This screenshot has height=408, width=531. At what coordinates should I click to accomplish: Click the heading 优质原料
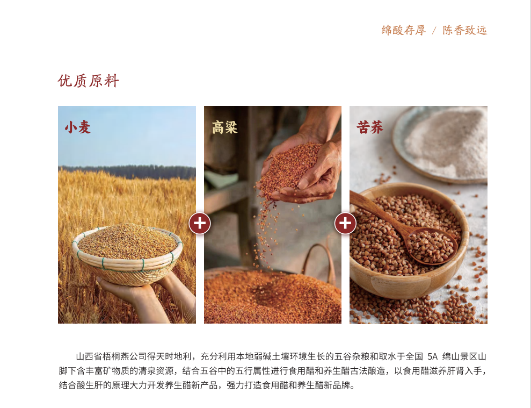(x=89, y=81)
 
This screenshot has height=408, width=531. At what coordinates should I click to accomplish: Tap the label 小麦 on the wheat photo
(x=77, y=127)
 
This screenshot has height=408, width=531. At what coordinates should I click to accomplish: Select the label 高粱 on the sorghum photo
(x=224, y=127)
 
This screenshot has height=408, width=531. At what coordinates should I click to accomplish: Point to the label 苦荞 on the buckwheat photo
(x=370, y=127)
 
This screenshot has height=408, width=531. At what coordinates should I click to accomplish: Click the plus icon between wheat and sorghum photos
(x=200, y=224)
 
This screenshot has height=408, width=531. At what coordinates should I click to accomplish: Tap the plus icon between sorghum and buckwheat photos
(x=345, y=224)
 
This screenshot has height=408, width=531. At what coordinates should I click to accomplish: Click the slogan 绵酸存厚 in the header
(x=404, y=30)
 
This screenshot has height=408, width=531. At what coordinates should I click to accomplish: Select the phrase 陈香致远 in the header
(x=464, y=30)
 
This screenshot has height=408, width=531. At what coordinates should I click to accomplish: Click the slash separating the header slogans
(x=434, y=31)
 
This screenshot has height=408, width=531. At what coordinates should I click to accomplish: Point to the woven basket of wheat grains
(x=127, y=254)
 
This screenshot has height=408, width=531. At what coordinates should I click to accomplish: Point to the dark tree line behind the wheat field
(x=127, y=172)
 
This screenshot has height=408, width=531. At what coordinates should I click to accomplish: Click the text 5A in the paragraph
(x=432, y=356)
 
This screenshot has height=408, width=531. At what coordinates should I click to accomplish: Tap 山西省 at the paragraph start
(x=89, y=356)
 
